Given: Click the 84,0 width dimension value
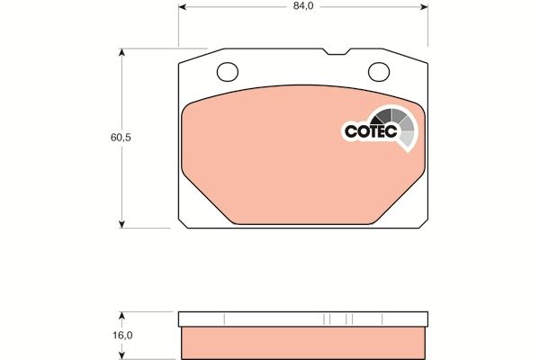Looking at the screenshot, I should (x=303, y=10).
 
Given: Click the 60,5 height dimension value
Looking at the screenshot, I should (x=110, y=139).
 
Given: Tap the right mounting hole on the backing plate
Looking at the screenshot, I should (x=378, y=70).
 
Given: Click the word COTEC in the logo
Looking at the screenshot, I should (x=368, y=131).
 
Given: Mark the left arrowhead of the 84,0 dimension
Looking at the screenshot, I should (x=184, y=9).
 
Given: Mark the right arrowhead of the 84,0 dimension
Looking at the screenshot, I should (x=423, y=9).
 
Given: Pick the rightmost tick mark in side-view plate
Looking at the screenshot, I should (x=382, y=319).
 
